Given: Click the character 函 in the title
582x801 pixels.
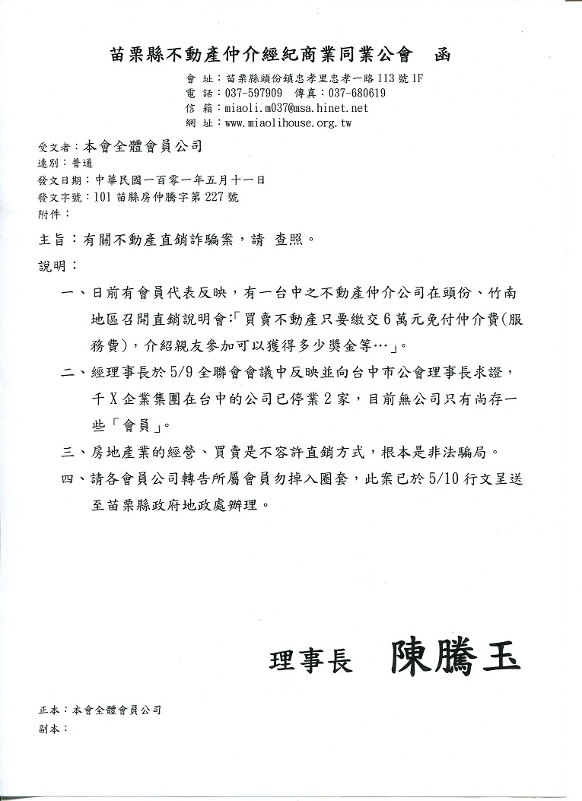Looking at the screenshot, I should [443, 54].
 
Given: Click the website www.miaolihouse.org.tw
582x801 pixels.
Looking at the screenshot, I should [288, 122].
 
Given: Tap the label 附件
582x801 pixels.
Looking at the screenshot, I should [48, 215].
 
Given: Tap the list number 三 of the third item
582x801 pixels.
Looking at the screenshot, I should [68, 450].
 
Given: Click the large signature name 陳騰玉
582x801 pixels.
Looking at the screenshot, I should [455, 659].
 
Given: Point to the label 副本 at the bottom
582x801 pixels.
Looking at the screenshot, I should [48, 728].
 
